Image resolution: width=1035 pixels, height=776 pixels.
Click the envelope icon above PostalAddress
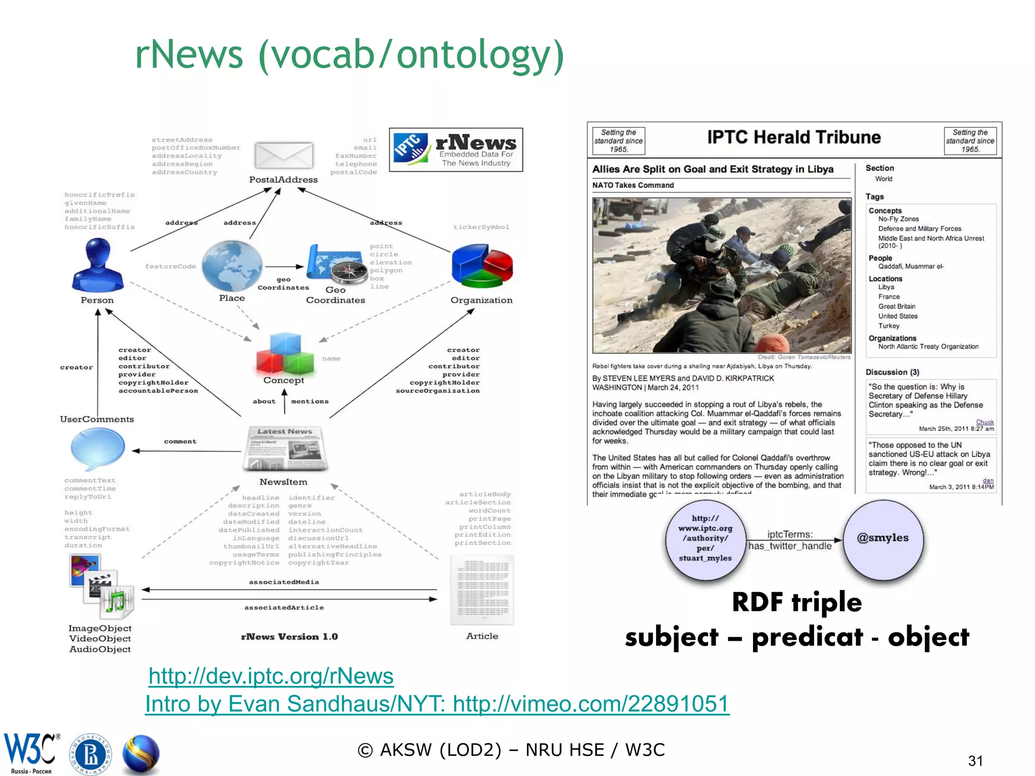[x=284, y=155]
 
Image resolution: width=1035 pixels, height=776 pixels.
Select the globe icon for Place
[x=232, y=266]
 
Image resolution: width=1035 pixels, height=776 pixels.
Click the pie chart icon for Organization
[x=482, y=266]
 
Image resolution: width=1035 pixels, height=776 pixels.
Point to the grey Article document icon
[x=482, y=590]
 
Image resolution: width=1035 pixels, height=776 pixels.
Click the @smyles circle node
[x=882, y=538]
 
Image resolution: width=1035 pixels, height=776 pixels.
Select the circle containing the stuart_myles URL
[x=705, y=539]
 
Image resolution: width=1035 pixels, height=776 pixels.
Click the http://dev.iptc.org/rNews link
[x=271, y=676]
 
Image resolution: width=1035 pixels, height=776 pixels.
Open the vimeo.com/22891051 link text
[x=591, y=704]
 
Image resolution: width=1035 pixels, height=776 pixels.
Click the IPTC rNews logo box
[x=456, y=150]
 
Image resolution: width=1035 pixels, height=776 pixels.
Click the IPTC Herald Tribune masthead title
[x=793, y=137]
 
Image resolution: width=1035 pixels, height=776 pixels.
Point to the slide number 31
[x=975, y=761]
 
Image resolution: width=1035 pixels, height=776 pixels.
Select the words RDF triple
[x=796, y=602]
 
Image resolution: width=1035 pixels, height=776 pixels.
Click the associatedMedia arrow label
[x=284, y=582]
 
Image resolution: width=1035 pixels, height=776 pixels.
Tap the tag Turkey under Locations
[x=888, y=326]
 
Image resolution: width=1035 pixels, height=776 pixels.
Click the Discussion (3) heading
[x=892, y=372]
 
